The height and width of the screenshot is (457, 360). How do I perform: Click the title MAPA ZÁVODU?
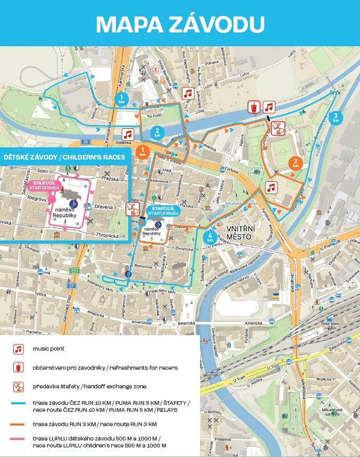[180, 23]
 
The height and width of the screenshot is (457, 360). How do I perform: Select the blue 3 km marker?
[336, 118]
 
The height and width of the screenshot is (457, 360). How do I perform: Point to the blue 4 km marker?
[211, 237]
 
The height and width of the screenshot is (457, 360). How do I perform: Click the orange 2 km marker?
[295, 163]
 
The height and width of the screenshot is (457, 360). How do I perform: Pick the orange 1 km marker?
[143, 151]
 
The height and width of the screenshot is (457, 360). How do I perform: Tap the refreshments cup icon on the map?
[255, 107]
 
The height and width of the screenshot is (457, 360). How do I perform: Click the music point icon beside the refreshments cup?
[270, 107]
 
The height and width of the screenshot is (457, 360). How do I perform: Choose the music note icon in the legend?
[19, 349]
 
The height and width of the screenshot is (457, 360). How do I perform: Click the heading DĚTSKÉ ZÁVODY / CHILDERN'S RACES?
[64, 157]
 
